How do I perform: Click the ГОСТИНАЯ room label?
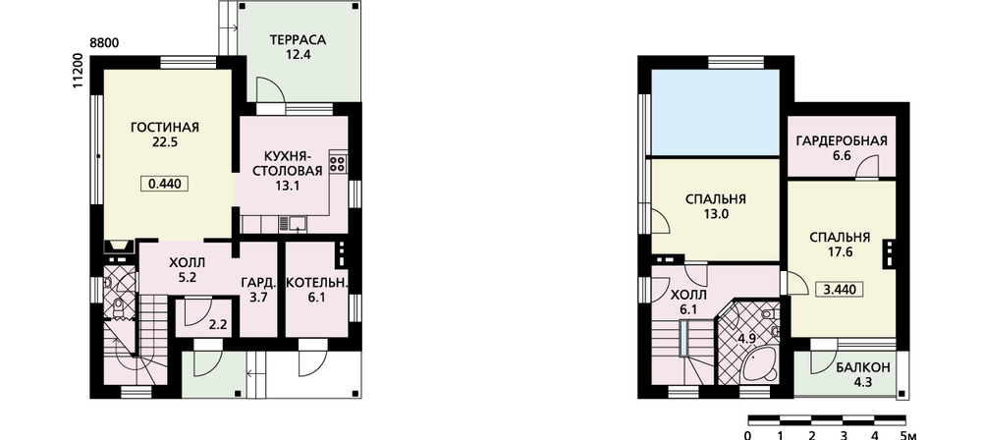165,128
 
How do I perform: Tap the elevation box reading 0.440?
165,185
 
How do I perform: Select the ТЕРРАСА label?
299,40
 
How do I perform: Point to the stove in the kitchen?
338,163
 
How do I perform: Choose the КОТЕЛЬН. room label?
316,283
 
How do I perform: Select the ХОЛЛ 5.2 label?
188,270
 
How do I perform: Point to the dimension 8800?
105,43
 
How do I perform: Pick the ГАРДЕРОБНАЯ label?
842,140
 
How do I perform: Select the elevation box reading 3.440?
841,290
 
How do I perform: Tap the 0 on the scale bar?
748,434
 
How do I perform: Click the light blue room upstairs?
715,112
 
